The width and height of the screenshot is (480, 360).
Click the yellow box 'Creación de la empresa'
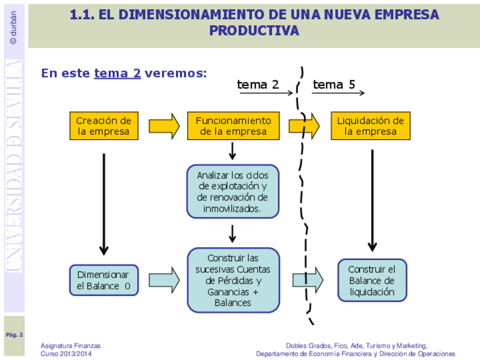coord(104,126)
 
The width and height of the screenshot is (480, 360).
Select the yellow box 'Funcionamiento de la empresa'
coord(233,126)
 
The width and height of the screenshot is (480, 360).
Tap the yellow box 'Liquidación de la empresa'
coord(371,126)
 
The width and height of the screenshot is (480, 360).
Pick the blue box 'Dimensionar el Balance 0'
coord(104,280)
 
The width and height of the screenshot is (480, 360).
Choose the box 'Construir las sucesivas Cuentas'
coord(233,280)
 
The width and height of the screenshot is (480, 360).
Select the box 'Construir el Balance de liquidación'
coord(372,280)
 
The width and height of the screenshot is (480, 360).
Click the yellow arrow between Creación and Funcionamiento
coord(164,126)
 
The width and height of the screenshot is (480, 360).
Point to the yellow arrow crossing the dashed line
coord(305,126)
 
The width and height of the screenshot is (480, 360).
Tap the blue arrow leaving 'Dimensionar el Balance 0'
coord(164,280)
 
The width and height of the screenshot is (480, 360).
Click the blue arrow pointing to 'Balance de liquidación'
coord(308,280)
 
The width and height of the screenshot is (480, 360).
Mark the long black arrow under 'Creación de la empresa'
coord(104,204)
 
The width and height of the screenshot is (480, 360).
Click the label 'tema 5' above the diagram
coord(334,85)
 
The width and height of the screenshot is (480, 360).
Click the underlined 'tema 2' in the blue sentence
coord(117,73)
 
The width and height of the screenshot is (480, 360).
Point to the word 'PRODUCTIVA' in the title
coord(254,31)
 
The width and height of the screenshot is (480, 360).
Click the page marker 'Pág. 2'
coord(14,335)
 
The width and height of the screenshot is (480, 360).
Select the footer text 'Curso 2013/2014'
coord(66,354)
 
